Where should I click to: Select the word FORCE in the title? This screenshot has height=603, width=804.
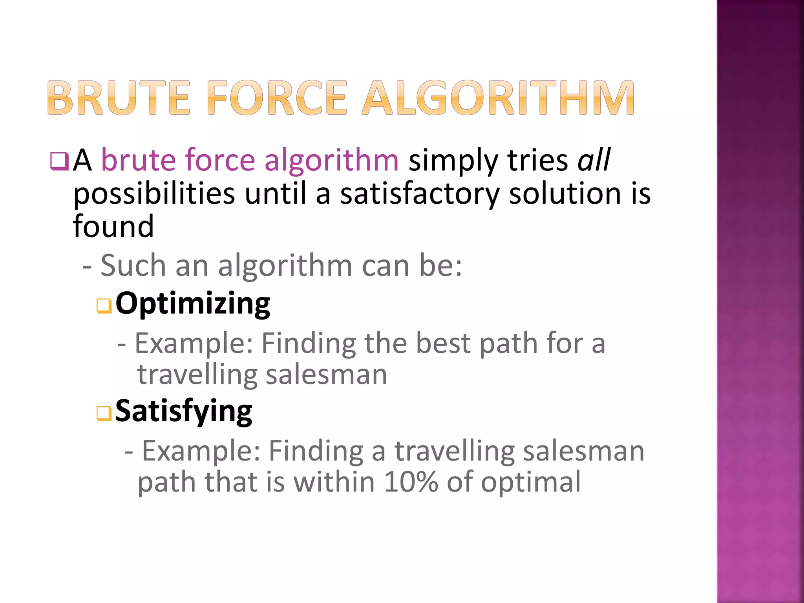(277, 98)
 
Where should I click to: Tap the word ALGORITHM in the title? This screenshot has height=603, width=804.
(497, 98)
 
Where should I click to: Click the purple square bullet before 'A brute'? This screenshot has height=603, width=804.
(59, 161)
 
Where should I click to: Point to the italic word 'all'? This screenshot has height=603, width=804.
(594, 160)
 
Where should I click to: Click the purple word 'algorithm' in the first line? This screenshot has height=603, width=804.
(331, 161)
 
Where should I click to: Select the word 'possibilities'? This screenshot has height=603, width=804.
(154, 194)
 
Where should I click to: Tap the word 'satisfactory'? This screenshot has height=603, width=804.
(419, 194)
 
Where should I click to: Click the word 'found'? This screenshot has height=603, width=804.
(113, 227)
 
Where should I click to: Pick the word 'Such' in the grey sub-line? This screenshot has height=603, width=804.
(133, 266)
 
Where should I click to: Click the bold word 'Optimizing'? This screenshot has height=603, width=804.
(193, 304)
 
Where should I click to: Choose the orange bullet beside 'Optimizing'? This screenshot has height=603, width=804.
(104, 306)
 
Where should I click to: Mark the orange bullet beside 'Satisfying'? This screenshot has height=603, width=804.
(104, 413)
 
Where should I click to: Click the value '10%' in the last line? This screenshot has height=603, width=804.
(411, 482)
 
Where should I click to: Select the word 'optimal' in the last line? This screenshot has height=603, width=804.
(531, 482)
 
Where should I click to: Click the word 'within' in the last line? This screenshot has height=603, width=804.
(334, 482)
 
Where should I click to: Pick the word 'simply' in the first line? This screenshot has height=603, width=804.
(453, 161)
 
